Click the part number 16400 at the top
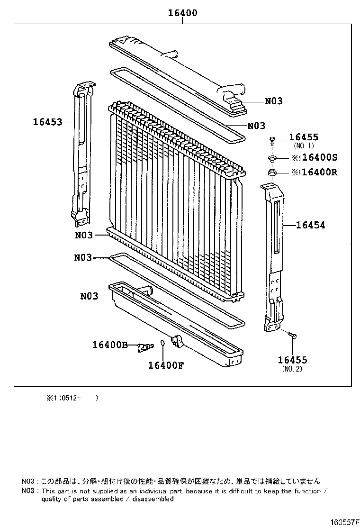coord(182,13)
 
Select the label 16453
coord(47,122)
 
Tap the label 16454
coord(311,226)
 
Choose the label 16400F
coord(165,365)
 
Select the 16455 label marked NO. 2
coord(292,360)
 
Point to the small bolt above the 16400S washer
coord(273,140)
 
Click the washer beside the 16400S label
coord(273,158)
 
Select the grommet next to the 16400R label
coord(273,172)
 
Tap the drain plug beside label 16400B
coord(144,348)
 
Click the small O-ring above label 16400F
coord(162,343)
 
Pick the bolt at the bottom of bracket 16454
coord(292,336)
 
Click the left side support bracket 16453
coord(81,152)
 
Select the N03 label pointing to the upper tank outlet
coord(273,101)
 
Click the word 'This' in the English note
coord(50,491)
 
